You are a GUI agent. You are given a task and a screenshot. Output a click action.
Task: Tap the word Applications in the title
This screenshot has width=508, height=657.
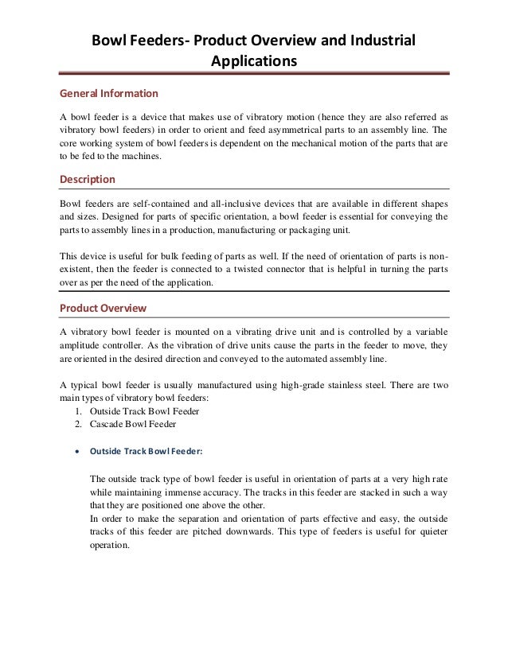tap(254, 60)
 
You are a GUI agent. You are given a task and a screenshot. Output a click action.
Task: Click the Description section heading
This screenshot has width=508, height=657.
tap(88, 179)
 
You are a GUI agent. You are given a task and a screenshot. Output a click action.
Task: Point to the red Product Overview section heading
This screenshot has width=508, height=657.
tap(104, 308)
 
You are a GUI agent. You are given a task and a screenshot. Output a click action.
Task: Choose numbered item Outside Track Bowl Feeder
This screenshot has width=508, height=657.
tap(144, 411)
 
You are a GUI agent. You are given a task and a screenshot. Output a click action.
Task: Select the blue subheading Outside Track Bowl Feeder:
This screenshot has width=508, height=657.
tap(146, 451)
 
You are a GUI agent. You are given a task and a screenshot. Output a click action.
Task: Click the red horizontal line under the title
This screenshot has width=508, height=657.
tap(254, 74)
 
